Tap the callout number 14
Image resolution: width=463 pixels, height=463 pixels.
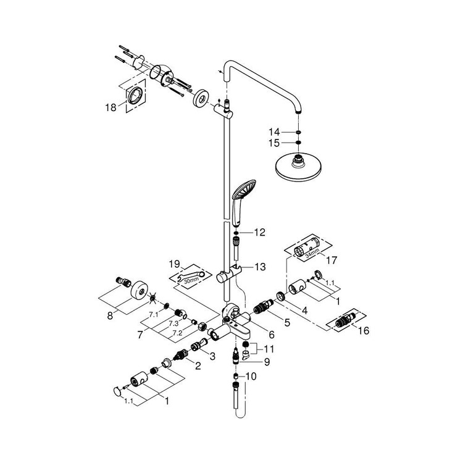274,132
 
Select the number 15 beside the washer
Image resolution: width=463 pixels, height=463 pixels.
274,144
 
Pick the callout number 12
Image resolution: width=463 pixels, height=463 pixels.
259,233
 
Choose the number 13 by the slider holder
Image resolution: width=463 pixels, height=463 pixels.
259,267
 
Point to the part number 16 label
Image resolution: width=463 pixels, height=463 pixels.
364,331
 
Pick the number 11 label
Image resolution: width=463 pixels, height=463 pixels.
270,349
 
